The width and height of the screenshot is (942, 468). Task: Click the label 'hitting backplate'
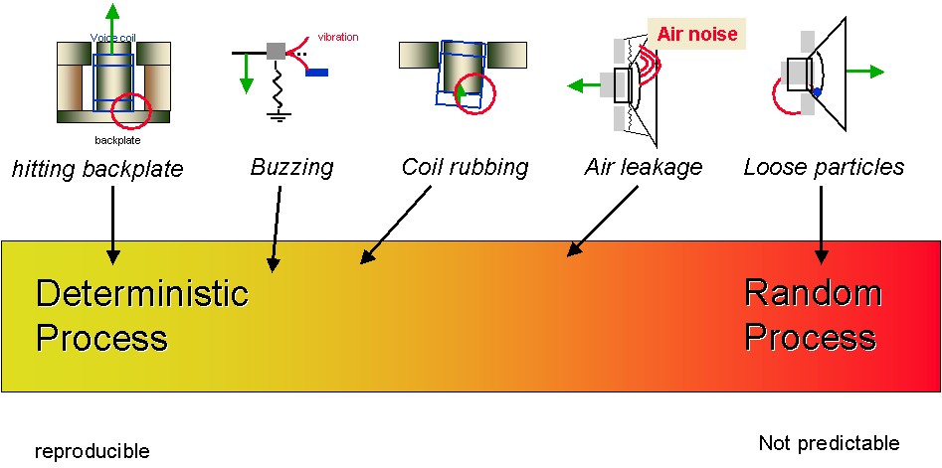coord(97,169)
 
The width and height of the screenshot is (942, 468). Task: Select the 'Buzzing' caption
coord(291,166)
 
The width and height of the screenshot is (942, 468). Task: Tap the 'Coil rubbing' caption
coord(465,166)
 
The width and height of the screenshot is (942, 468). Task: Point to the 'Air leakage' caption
coord(643,166)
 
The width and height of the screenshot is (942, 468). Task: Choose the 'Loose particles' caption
coord(824,166)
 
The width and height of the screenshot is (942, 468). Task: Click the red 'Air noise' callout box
coord(697,35)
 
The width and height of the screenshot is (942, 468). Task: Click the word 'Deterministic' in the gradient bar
coord(141,293)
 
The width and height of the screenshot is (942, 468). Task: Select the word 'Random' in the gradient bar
coord(813,293)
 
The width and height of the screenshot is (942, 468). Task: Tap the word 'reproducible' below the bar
coord(92,452)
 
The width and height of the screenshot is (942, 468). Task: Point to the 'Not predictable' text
coord(828,443)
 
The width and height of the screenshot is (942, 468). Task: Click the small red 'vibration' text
coord(338,38)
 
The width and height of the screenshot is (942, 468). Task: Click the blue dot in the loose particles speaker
coord(816,92)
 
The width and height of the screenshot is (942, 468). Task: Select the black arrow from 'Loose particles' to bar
coord(822,224)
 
